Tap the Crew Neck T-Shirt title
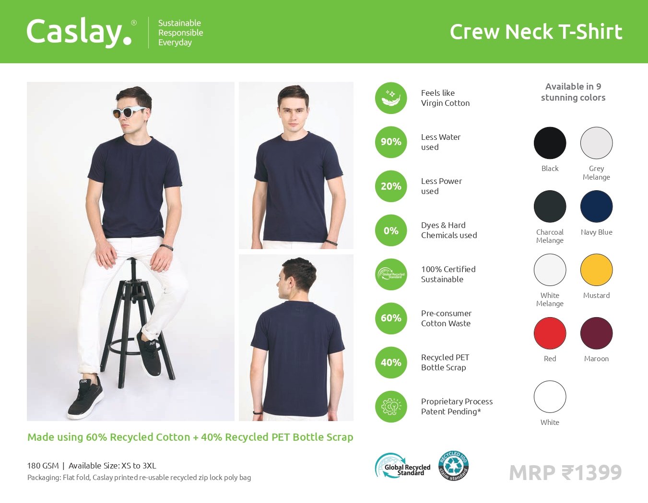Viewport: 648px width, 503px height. click(536, 32)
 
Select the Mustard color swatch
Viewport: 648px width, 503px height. click(596, 270)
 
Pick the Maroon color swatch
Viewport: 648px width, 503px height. click(596, 333)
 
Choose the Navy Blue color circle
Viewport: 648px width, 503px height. click(596, 206)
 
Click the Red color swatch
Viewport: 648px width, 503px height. click(550, 333)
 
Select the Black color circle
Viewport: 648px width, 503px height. click(550, 143)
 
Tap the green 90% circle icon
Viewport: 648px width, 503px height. click(391, 142)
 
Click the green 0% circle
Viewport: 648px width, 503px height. click(391, 230)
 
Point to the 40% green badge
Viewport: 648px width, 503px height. click(391, 363)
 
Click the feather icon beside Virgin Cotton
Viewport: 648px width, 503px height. click(391, 98)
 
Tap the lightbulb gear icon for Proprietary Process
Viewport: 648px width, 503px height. click(391, 407)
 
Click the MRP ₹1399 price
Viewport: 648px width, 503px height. click(565, 472)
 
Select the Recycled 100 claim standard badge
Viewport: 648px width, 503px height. click(453, 466)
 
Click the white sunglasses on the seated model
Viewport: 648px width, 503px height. click(128, 112)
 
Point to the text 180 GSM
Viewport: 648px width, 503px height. click(43, 466)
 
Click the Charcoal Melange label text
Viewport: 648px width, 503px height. click(550, 236)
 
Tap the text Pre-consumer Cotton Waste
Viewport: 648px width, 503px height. click(446, 319)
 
